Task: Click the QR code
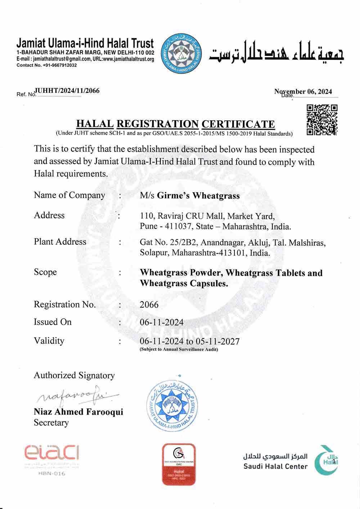tap(321, 120)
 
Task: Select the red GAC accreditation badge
tap(179, 464)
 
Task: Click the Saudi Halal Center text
tap(275, 467)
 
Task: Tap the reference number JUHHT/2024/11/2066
tap(67, 91)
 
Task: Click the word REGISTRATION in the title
tap(158, 124)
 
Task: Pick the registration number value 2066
tap(149, 305)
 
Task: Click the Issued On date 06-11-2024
tap(161, 322)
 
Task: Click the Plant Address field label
tap(60, 242)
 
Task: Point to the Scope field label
tap(45, 272)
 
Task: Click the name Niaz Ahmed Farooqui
tap(78, 411)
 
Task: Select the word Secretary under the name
tap(51, 422)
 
